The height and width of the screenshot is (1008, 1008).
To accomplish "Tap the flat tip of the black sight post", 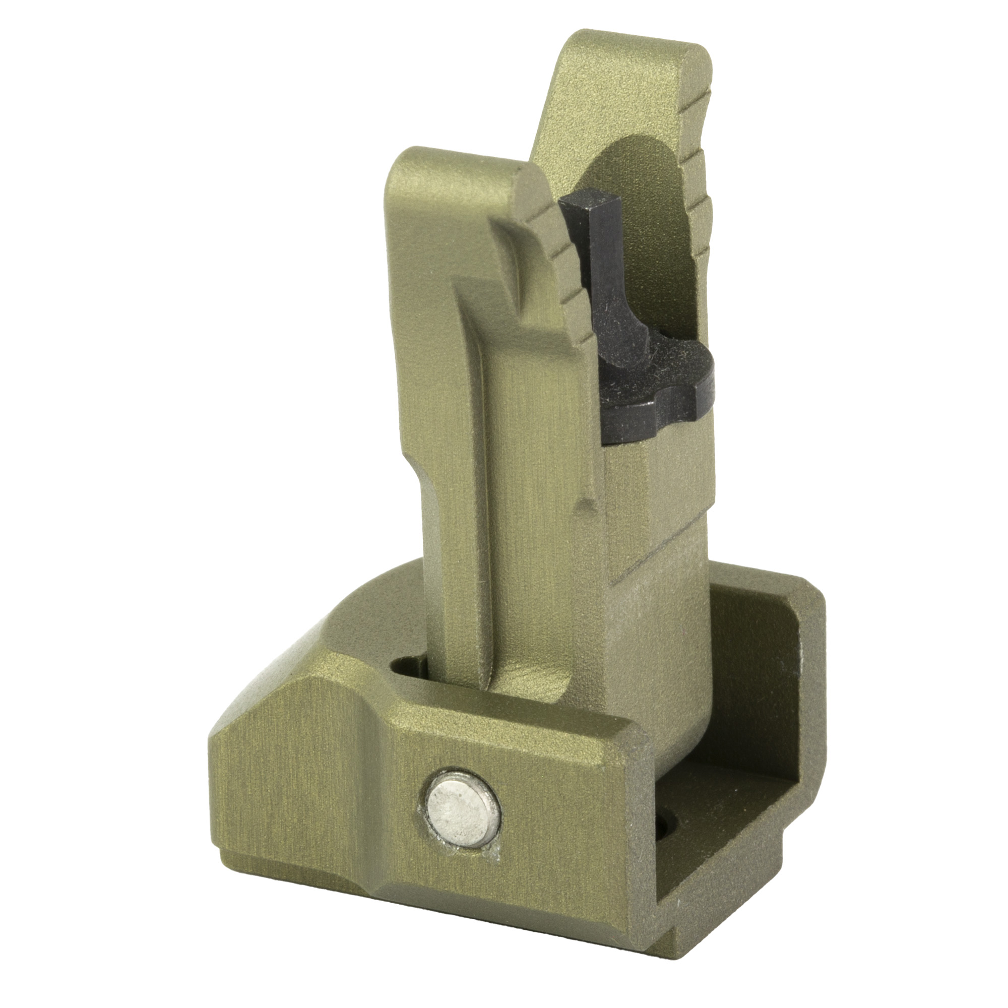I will click(591, 210).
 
